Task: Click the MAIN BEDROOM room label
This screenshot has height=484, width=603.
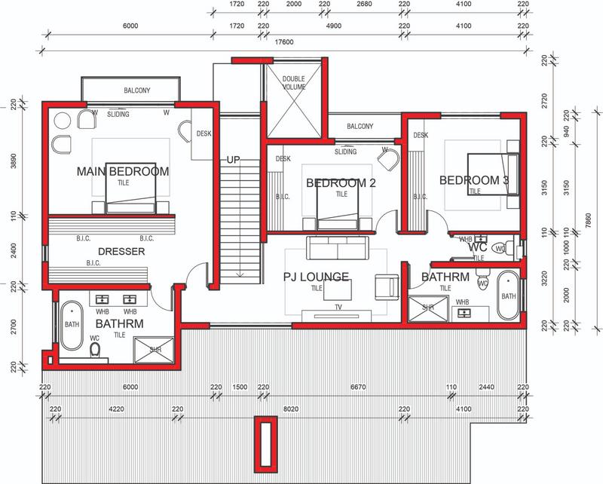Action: (x=123, y=172)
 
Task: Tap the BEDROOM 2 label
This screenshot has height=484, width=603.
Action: (x=341, y=183)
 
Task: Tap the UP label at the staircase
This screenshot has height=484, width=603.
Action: (x=234, y=160)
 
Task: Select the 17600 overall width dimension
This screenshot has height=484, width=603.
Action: (x=284, y=43)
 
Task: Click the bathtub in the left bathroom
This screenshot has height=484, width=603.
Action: (x=72, y=325)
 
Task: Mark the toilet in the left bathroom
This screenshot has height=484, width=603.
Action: (x=95, y=350)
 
